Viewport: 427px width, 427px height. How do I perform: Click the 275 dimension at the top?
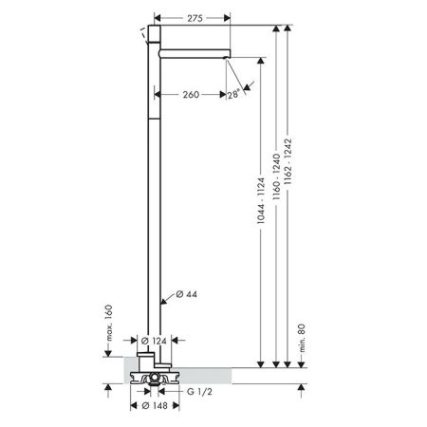[195, 18]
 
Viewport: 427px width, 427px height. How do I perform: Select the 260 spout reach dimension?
[191, 94]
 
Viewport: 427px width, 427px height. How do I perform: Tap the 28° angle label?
[233, 94]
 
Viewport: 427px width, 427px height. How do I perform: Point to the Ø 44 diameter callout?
[186, 294]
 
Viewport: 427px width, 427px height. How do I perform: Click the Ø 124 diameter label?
[154, 341]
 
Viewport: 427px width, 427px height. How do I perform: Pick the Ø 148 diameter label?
[155, 405]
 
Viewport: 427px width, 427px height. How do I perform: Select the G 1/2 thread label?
[199, 392]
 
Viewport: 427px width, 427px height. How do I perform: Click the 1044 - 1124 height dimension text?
[261, 201]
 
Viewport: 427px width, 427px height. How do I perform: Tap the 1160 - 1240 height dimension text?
[277, 176]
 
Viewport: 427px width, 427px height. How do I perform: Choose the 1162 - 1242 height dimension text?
[288, 161]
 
